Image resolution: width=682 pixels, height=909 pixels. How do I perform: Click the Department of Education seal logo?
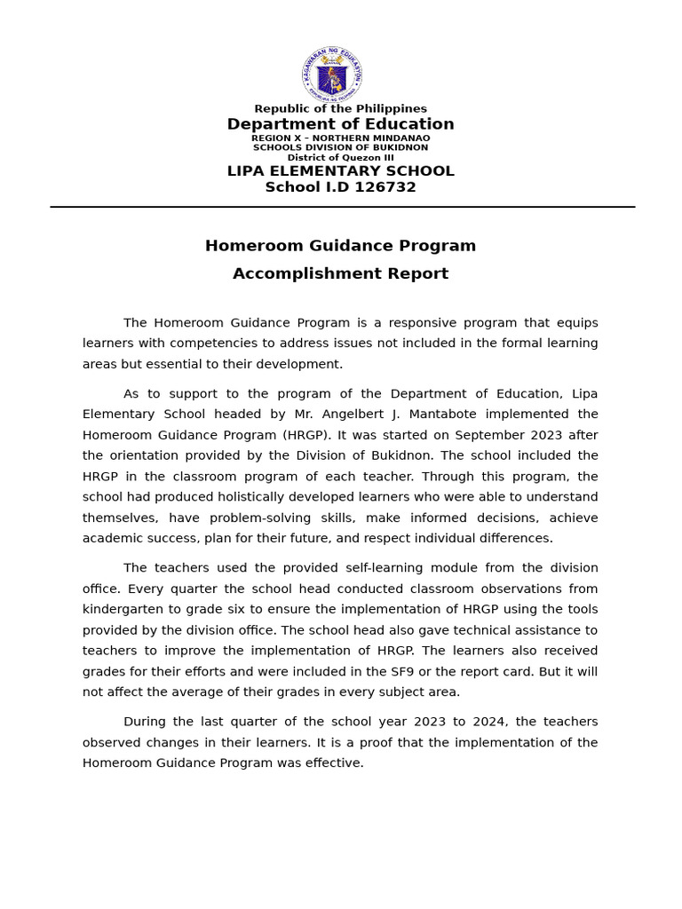pyautogui.click(x=331, y=75)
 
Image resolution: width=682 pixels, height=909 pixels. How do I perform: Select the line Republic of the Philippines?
pyautogui.click(x=340, y=108)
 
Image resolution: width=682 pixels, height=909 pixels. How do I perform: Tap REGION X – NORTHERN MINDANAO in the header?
pyautogui.click(x=340, y=138)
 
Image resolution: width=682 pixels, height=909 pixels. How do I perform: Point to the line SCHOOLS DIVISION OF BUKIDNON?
pyautogui.click(x=340, y=147)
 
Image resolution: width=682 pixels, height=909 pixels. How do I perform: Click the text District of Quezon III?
pyautogui.click(x=340, y=157)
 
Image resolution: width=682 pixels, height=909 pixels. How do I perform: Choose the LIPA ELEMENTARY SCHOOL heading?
pyautogui.click(x=340, y=171)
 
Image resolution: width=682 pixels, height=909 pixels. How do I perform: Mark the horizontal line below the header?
pyautogui.click(x=342, y=207)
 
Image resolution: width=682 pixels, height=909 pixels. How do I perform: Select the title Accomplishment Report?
pyautogui.click(x=340, y=273)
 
